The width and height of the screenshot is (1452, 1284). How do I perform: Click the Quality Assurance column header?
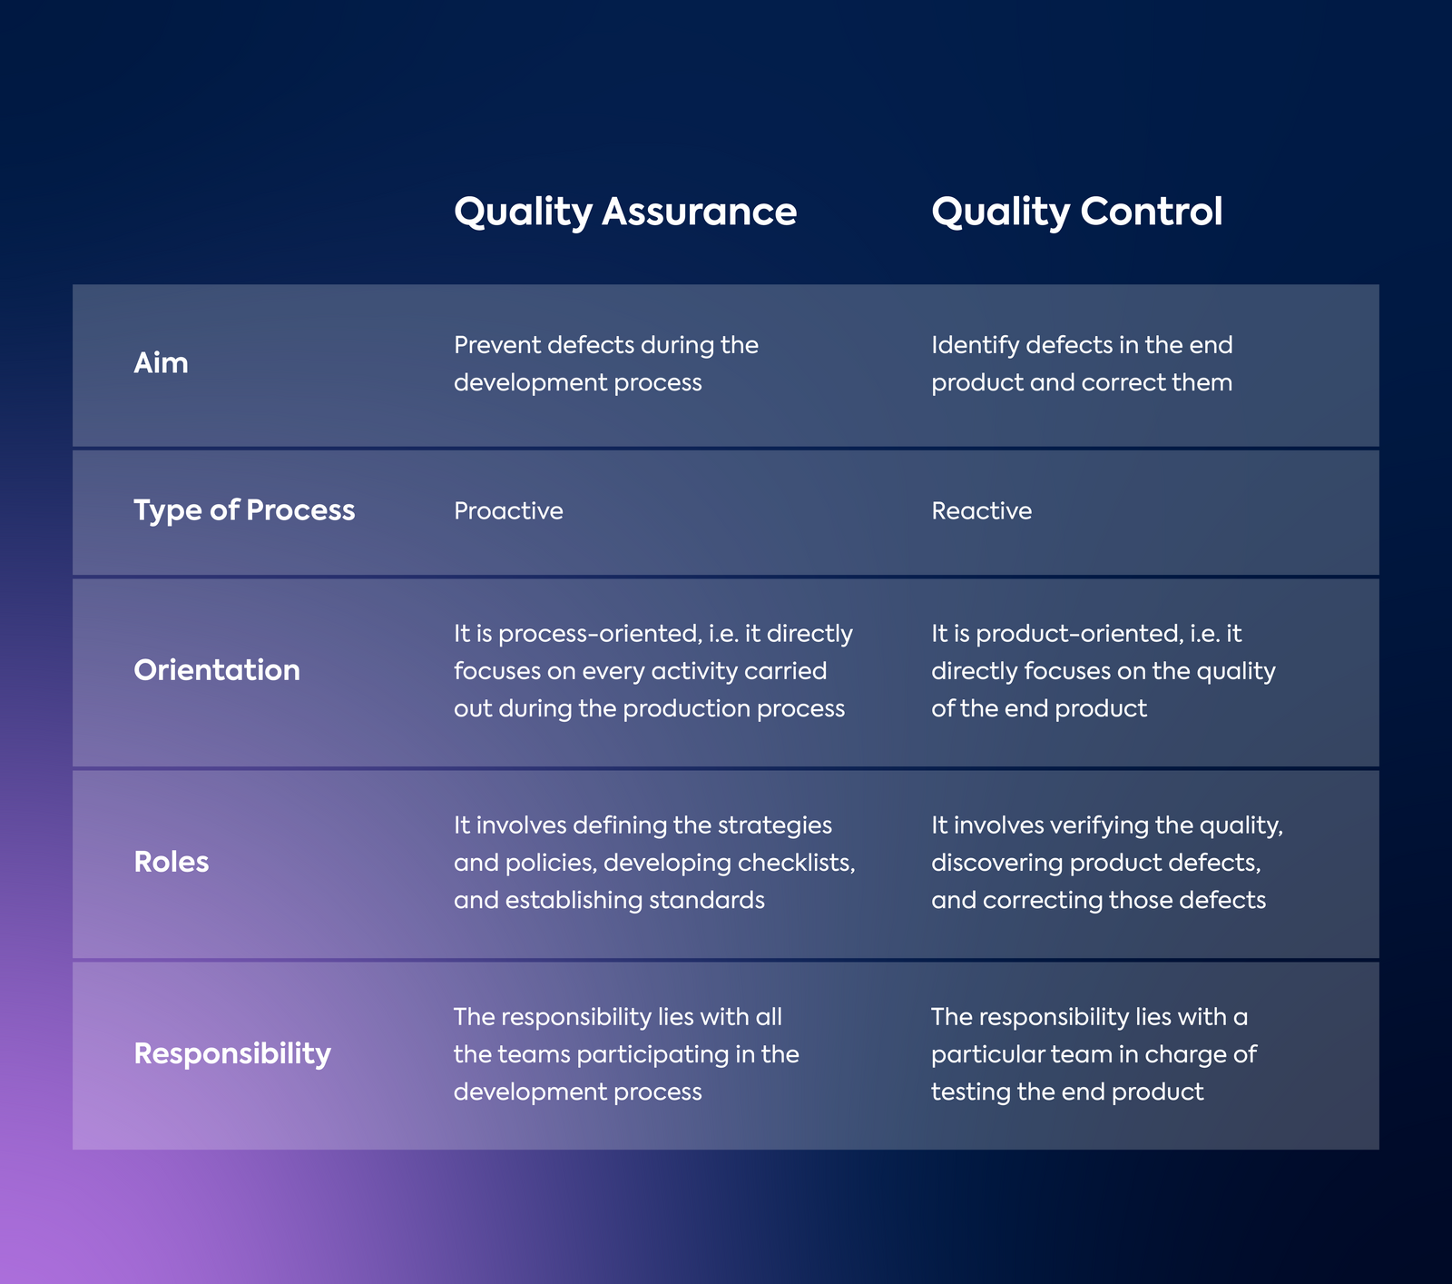coord(625,212)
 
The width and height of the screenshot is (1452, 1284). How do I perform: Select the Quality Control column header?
coord(1077,212)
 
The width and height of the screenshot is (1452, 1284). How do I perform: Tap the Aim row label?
coord(161,363)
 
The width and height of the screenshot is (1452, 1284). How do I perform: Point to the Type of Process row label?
coord(244,510)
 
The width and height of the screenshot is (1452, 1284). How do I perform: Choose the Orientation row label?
coord(217,670)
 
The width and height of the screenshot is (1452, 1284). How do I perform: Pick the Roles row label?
coord(172,862)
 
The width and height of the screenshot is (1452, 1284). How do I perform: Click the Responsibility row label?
coord(232,1054)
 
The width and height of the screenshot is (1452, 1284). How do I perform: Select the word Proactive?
coord(508,511)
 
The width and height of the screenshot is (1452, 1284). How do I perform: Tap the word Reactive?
coord(982,511)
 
